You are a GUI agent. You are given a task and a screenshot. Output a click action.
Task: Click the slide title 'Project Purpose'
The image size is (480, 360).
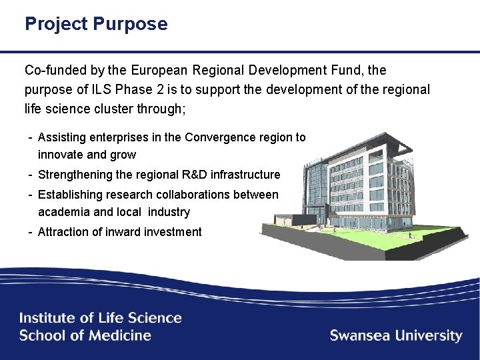tap(96, 25)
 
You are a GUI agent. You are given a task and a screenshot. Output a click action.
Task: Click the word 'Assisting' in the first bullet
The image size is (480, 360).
tap(63, 137)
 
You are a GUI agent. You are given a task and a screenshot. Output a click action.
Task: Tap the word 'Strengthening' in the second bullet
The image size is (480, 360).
tap(75, 175)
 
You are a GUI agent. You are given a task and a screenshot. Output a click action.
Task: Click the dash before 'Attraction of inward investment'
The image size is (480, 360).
tap(31, 232)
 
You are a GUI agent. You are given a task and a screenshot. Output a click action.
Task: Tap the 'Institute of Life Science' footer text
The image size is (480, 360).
tap(100, 318)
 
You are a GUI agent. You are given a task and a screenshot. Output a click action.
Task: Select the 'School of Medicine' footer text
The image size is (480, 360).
tap(85, 335)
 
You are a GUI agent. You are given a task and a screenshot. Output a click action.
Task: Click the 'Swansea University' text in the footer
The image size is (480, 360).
tap(396, 335)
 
